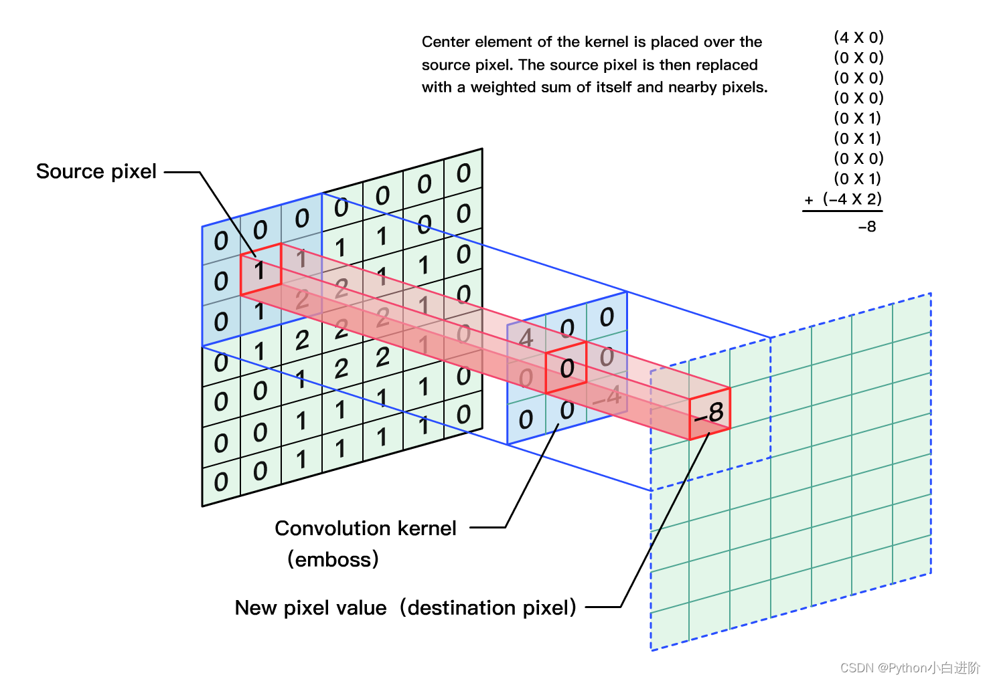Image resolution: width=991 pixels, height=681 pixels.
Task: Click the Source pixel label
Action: [96, 171]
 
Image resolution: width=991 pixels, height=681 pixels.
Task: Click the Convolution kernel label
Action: [365, 528]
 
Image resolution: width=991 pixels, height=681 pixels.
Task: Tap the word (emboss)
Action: [333, 559]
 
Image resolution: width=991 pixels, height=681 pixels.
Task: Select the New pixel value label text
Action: [311, 607]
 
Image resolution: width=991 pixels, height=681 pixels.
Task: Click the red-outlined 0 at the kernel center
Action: [566, 368]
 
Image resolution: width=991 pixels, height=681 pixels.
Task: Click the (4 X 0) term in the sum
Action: [858, 37]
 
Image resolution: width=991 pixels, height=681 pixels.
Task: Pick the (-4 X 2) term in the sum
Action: [852, 199]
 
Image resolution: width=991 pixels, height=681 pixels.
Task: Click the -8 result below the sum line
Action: [867, 227]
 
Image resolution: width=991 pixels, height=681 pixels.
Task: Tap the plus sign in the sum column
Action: [809, 200]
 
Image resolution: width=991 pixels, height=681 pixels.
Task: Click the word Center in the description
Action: [445, 41]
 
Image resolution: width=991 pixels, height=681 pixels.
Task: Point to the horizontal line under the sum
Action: [842, 211]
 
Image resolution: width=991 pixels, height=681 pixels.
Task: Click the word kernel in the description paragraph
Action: [607, 41]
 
